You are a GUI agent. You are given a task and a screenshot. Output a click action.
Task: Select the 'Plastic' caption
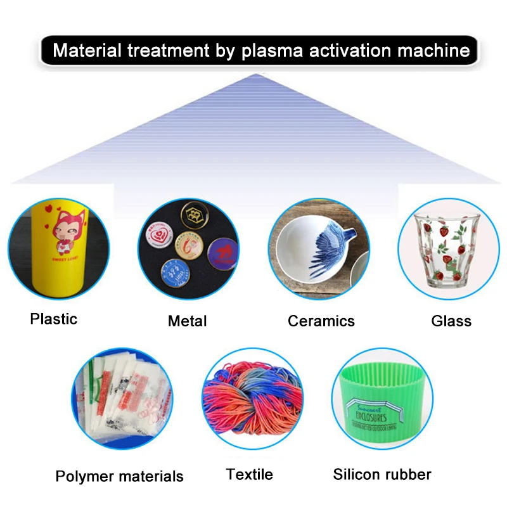(x=53, y=319)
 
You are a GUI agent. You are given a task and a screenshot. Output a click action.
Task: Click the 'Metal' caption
(x=187, y=321)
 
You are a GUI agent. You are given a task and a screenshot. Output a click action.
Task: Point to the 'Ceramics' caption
(x=321, y=321)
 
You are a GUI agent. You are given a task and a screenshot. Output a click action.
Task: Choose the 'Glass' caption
(x=451, y=321)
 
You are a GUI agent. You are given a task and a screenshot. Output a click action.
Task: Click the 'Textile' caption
(x=250, y=474)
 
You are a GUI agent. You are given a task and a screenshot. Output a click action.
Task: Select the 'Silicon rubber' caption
(x=382, y=474)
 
